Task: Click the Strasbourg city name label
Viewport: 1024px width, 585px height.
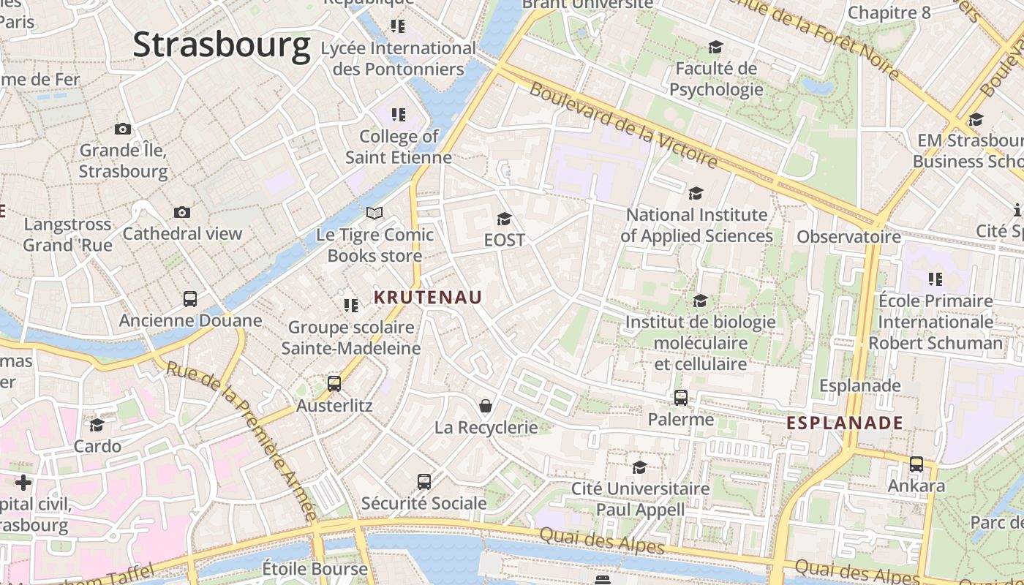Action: (222, 45)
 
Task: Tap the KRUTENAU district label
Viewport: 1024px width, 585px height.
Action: (428, 297)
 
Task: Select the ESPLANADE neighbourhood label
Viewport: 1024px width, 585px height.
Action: (845, 423)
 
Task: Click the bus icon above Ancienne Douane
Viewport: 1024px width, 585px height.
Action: (190, 298)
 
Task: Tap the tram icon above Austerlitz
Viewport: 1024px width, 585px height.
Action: (334, 383)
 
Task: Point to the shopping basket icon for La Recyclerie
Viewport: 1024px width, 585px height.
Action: (485, 405)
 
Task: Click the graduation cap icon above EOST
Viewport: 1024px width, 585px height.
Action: (504, 219)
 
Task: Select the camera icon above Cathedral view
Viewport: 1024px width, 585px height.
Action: (182, 212)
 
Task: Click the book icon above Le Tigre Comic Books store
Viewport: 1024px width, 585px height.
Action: (374, 213)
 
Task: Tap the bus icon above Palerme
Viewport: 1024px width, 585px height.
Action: (681, 397)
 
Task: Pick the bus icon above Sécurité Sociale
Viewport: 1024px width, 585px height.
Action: (424, 481)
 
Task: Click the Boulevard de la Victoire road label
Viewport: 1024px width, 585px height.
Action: (623, 124)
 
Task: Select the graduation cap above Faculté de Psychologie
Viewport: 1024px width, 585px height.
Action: (715, 48)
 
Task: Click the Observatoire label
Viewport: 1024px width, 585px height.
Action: (848, 237)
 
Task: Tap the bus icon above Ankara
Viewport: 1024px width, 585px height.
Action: (916, 464)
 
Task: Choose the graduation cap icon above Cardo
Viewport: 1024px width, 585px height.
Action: (97, 425)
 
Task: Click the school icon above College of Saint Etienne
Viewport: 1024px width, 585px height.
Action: (398, 115)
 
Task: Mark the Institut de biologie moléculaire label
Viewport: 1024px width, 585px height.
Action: (700, 342)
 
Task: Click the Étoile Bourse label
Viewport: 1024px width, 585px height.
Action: (315, 568)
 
